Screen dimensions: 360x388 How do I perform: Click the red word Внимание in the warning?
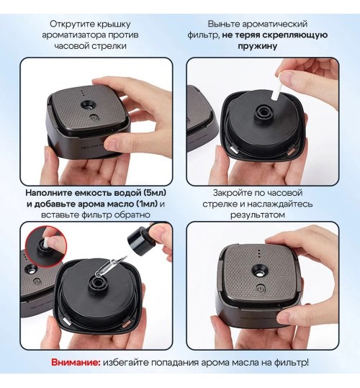(x=76, y=363)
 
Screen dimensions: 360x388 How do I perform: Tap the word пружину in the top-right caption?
(x=257, y=46)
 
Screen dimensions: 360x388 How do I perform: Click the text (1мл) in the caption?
(x=147, y=204)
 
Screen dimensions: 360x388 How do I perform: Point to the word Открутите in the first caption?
(x=71, y=24)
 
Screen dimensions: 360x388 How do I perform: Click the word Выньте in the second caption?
(x=224, y=24)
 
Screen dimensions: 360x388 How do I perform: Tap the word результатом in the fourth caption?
(x=258, y=215)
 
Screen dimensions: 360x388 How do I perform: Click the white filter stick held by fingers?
(x=276, y=88)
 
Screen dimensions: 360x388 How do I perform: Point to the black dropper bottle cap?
(x=138, y=238)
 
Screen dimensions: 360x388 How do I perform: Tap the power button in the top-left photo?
(x=94, y=117)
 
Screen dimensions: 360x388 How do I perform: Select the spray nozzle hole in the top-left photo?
(x=88, y=106)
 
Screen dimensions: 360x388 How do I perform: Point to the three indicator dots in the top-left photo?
(x=82, y=94)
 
